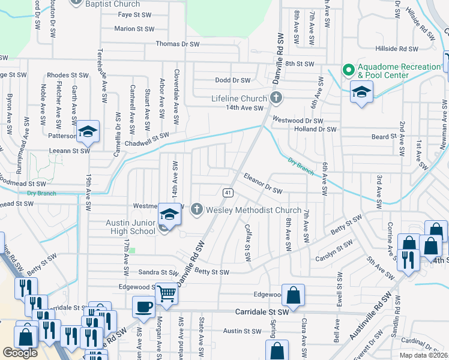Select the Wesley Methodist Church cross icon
tap(196, 210)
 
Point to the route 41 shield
tap(228, 193)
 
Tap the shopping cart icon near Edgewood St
tap(167, 294)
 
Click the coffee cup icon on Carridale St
tap(144, 307)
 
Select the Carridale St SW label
tap(262, 313)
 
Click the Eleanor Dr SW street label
tap(263, 184)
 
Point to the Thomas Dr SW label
tap(177, 44)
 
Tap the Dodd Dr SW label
tap(232, 80)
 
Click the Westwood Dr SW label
tap(297, 119)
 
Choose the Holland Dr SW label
tap(315, 129)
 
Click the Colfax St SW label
tap(248, 242)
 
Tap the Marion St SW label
tap(135, 28)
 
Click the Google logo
tap(20, 353)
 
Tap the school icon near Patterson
tap(88, 133)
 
